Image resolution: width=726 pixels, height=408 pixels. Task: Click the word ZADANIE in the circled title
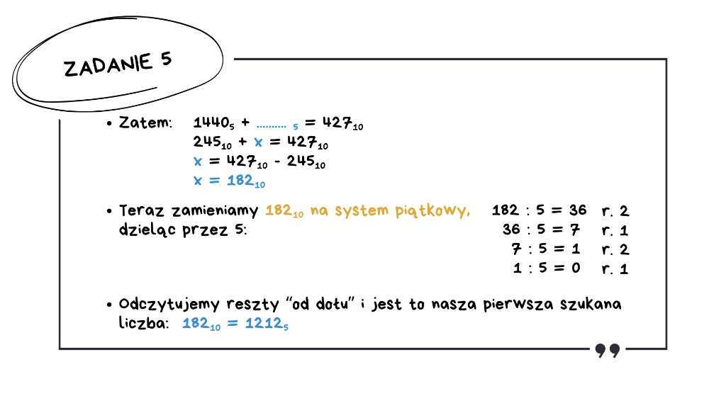point(108,65)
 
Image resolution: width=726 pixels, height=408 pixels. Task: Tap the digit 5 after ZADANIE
point(166,59)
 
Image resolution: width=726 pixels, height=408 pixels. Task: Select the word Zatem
point(145,123)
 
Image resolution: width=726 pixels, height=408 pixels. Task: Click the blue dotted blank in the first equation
point(272,126)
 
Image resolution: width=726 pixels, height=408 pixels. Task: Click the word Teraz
point(142,210)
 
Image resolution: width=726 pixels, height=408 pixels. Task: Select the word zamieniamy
point(215,211)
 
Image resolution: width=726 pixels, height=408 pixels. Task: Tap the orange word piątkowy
point(432,211)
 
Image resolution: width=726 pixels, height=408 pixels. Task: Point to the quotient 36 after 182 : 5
point(578,210)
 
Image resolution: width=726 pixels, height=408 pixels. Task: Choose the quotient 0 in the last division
point(576,268)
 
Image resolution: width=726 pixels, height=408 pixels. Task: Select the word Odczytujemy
point(169,305)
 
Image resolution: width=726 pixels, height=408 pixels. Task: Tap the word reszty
point(253,305)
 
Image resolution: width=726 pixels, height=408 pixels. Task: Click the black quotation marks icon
point(608,351)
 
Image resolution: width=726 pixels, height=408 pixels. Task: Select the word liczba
point(143,322)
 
